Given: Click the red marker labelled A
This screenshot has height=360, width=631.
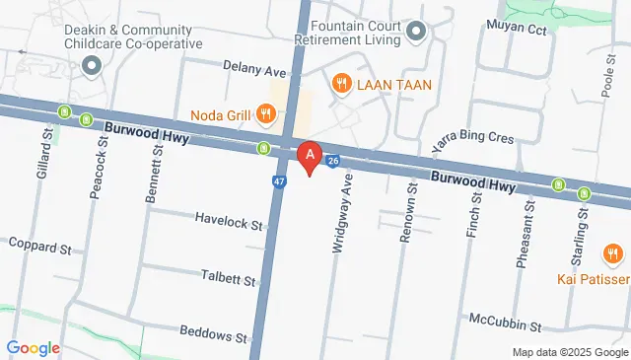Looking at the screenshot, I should (x=311, y=157).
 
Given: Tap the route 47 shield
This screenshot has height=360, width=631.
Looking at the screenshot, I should (x=280, y=181).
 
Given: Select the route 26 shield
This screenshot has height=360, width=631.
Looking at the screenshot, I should (x=333, y=160).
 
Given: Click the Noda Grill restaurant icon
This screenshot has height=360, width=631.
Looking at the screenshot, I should (x=265, y=114).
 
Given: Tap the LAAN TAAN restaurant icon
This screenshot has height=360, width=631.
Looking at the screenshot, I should (x=342, y=84).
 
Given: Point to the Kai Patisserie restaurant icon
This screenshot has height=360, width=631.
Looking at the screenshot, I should (x=613, y=256).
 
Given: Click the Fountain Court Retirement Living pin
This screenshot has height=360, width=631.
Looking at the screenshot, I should (x=416, y=33).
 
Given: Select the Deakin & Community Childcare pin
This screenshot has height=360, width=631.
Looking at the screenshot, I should (x=92, y=66).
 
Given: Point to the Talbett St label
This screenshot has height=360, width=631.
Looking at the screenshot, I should (x=228, y=278).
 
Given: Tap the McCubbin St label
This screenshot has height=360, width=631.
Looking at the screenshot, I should (x=505, y=323).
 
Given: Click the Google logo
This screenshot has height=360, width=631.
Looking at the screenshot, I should (x=33, y=347).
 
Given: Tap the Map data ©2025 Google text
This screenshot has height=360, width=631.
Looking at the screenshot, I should (x=569, y=352).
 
